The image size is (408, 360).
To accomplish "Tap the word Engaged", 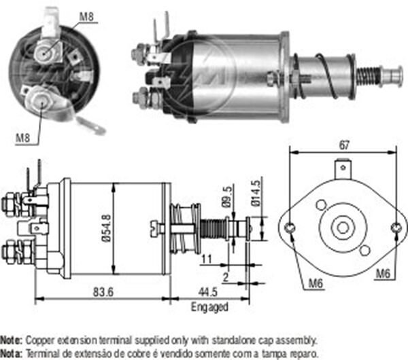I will pyautogui.click(x=208, y=307).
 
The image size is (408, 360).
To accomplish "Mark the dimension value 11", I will pyautogui.click(x=205, y=259).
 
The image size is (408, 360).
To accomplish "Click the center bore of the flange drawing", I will pyautogui.click(x=343, y=228).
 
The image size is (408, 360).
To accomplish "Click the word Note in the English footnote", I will pyautogui.click(x=12, y=338).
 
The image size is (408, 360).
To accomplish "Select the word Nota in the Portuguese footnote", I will pyautogui.click(x=12, y=353).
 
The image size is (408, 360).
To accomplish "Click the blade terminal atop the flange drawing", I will pyautogui.click(x=343, y=165).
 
